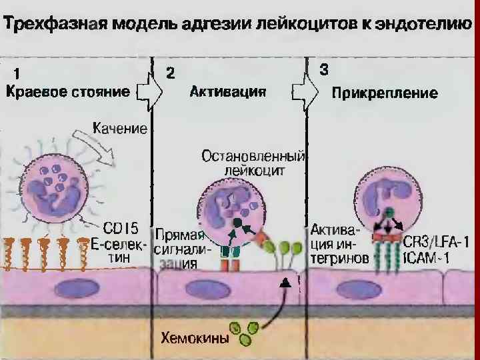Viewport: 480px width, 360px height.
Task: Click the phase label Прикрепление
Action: [385, 93]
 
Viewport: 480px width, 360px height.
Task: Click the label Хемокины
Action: [194, 338]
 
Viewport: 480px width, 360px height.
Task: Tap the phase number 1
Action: [18, 73]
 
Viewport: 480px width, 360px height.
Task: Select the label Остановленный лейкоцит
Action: [253, 163]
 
